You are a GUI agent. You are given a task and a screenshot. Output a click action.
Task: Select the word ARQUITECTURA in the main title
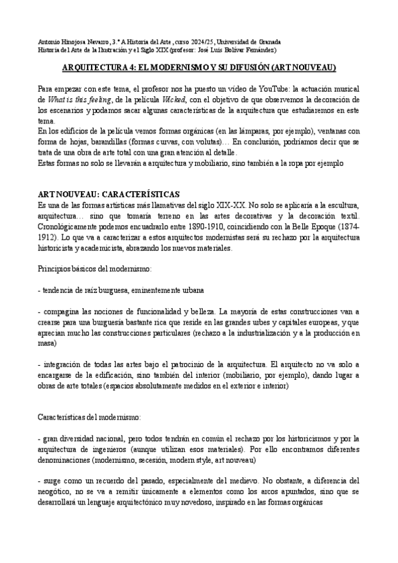tap(95, 68)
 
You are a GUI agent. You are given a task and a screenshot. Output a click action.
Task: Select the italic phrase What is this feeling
tap(77, 99)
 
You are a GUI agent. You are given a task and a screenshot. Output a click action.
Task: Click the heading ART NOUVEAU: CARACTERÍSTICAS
tap(108, 194)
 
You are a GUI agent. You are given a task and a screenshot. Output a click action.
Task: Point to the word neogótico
tap(56, 492)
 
